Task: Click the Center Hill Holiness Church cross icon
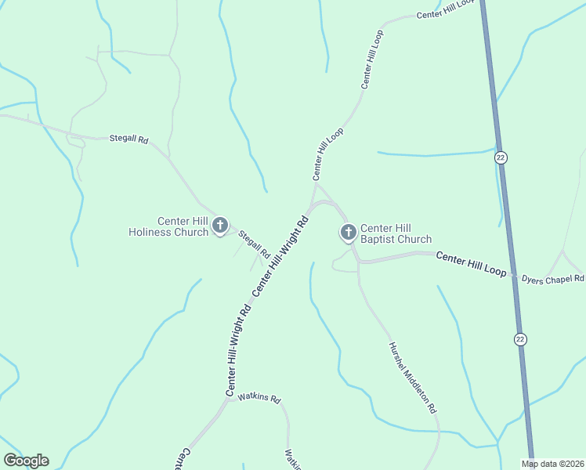(x=220, y=226)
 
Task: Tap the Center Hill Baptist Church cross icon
(x=348, y=231)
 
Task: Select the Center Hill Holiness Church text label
(x=168, y=226)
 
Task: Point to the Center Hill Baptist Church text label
(x=396, y=233)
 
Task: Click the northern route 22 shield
(x=501, y=157)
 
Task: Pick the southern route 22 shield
(x=520, y=338)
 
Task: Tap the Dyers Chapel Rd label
(x=553, y=278)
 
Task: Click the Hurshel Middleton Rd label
(x=412, y=378)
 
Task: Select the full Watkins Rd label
(x=259, y=398)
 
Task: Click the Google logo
(x=26, y=461)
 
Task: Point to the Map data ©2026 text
(x=553, y=464)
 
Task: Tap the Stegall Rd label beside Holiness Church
(x=254, y=244)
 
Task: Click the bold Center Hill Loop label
(x=472, y=263)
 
